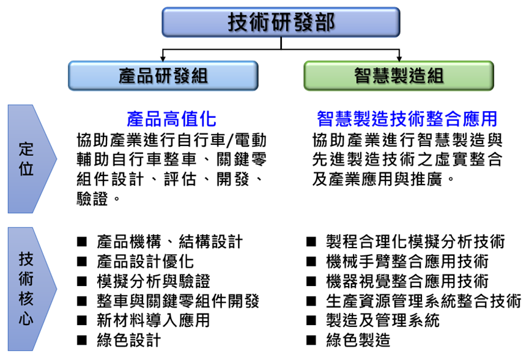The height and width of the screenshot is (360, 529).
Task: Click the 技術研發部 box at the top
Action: (x=281, y=22)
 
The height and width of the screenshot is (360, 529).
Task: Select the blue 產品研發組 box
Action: (x=163, y=76)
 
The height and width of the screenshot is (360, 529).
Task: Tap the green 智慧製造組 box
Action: (x=399, y=76)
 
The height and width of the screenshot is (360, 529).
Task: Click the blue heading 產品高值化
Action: (x=171, y=119)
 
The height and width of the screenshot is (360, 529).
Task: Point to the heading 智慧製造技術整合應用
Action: (x=407, y=119)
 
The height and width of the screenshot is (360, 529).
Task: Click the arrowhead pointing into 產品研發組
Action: (x=163, y=59)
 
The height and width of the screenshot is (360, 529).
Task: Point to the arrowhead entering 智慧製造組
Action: (x=399, y=59)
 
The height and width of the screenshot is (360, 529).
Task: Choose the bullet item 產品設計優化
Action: (x=146, y=262)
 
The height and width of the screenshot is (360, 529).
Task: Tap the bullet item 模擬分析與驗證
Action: (x=154, y=281)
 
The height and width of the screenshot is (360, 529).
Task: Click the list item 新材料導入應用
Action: (x=154, y=320)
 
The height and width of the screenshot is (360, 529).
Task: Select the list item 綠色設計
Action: (x=129, y=340)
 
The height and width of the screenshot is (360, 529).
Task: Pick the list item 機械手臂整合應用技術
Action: (x=407, y=262)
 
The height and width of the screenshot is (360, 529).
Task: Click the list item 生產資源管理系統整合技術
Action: (x=424, y=301)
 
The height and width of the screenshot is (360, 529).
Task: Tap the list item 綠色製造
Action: (x=358, y=340)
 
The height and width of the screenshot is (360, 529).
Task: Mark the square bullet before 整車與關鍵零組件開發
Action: (x=82, y=301)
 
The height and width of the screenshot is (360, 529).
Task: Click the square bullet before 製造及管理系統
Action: (x=311, y=320)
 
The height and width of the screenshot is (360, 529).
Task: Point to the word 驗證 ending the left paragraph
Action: (x=92, y=199)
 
